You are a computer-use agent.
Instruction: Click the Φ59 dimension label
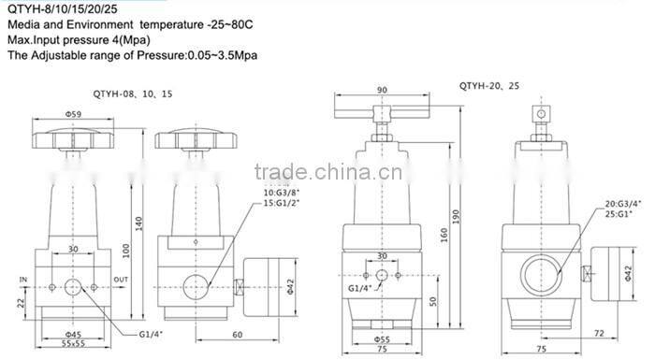click(x=73, y=113)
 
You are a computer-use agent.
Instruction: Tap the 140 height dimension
click(x=139, y=223)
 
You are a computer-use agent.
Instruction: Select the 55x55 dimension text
click(x=73, y=343)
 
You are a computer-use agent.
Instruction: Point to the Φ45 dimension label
click(x=73, y=335)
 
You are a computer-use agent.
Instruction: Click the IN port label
click(x=23, y=280)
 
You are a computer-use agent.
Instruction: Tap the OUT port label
click(x=121, y=280)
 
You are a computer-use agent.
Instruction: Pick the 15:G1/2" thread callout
click(x=282, y=203)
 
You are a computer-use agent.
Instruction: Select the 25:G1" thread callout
click(x=619, y=214)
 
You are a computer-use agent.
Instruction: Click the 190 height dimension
click(x=456, y=216)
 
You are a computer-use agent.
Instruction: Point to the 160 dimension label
click(x=444, y=235)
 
